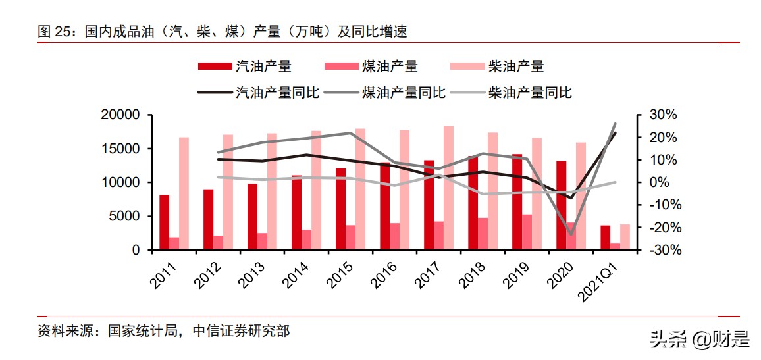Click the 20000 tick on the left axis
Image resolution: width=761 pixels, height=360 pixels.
120,115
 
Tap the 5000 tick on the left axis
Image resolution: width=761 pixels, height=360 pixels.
125,217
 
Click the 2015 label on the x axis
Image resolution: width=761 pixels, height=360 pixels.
340,275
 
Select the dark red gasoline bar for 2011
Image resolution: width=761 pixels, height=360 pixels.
164,222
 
